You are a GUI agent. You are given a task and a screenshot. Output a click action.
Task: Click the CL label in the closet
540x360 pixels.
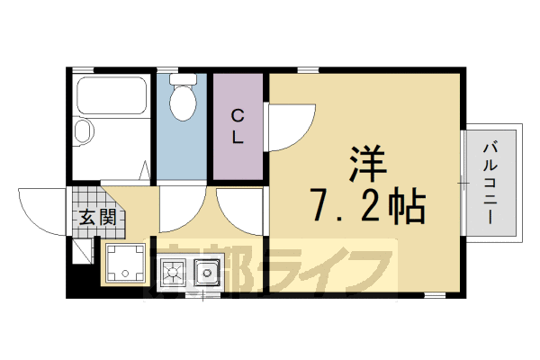click(238, 126)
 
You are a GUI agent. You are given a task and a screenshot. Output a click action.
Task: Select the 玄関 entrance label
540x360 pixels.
click(92, 217)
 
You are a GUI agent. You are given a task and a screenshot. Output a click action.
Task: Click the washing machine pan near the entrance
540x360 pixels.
click(125, 262)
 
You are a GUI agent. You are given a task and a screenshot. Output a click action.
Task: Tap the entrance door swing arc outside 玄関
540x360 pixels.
click(40, 209)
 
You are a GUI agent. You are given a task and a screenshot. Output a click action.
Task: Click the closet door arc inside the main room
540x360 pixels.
click(290, 126)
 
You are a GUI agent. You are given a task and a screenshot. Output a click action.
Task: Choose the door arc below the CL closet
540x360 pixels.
click(236, 209)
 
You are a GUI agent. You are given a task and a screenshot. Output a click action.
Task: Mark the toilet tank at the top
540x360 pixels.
click(184, 79)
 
